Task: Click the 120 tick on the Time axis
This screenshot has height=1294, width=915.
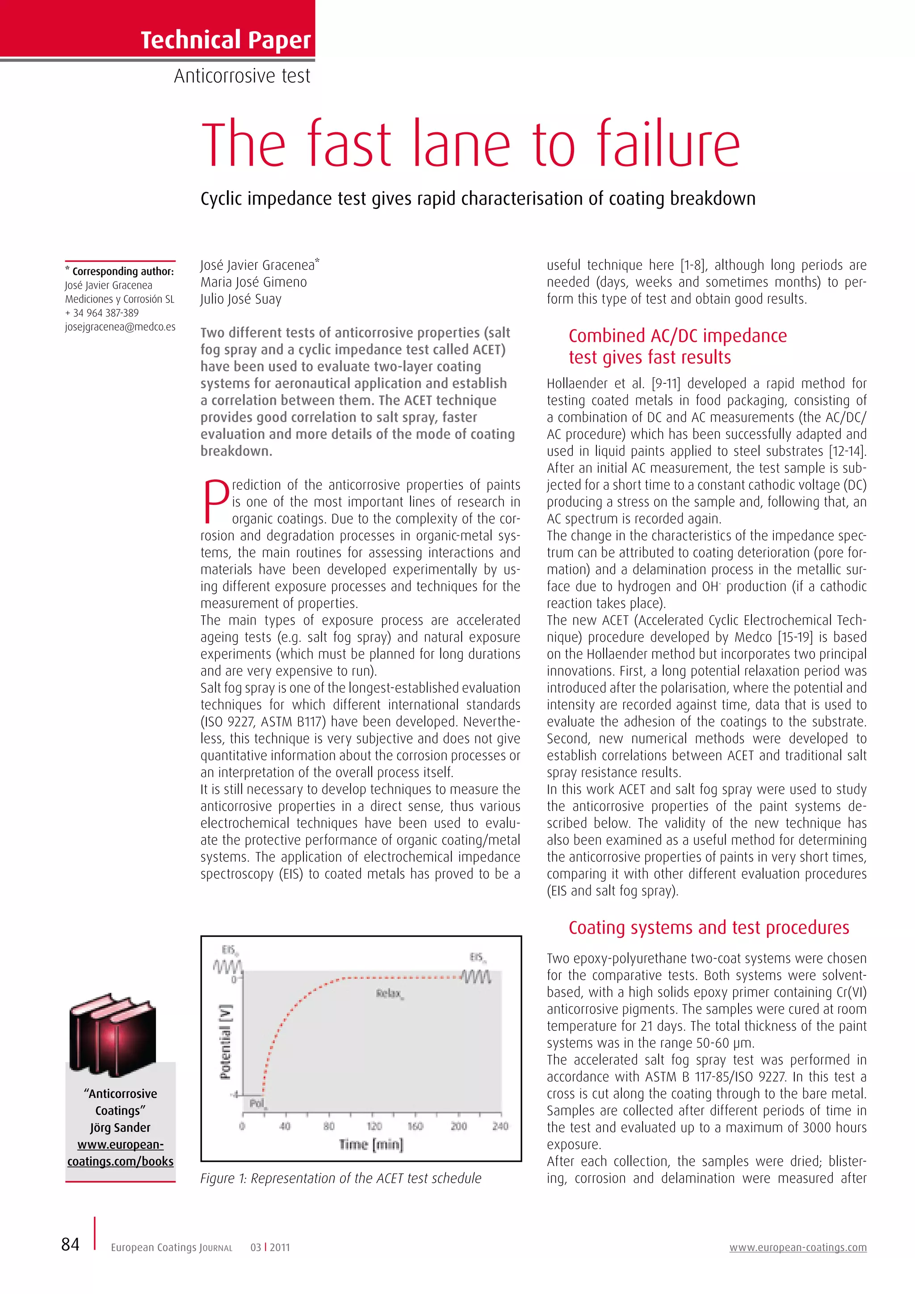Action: pyautogui.click(x=374, y=1126)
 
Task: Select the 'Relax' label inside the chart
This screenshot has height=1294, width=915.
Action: pyautogui.click(x=389, y=993)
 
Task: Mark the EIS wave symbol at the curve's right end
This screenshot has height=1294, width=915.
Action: pyautogui.click(x=477, y=976)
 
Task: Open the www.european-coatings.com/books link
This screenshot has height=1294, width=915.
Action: pyautogui.click(x=121, y=1152)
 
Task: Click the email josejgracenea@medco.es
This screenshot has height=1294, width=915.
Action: pyautogui.click(x=120, y=327)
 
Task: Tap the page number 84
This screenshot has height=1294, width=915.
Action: pyautogui.click(x=71, y=1244)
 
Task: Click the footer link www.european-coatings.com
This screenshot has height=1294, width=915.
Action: pyautogui.click(x=798, y=1247)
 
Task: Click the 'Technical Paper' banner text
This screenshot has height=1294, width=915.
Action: pyautogui.click(x=225, y=39)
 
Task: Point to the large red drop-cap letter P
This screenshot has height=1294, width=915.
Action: pyautogui.click(x=215, y=501)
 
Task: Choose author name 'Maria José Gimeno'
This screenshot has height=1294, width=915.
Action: pyautogui.click(x=253, y=282)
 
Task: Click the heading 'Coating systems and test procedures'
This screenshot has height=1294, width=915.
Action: pyautogui.click(x=708, y=927)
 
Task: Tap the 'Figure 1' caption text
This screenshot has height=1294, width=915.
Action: pyautogui.click(x=341, y=1178)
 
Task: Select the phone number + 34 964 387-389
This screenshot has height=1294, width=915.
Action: pyautogui.click(x=102, y=313)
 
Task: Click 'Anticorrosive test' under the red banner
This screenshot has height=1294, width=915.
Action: pyautogui.click(x=242, y=76)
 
